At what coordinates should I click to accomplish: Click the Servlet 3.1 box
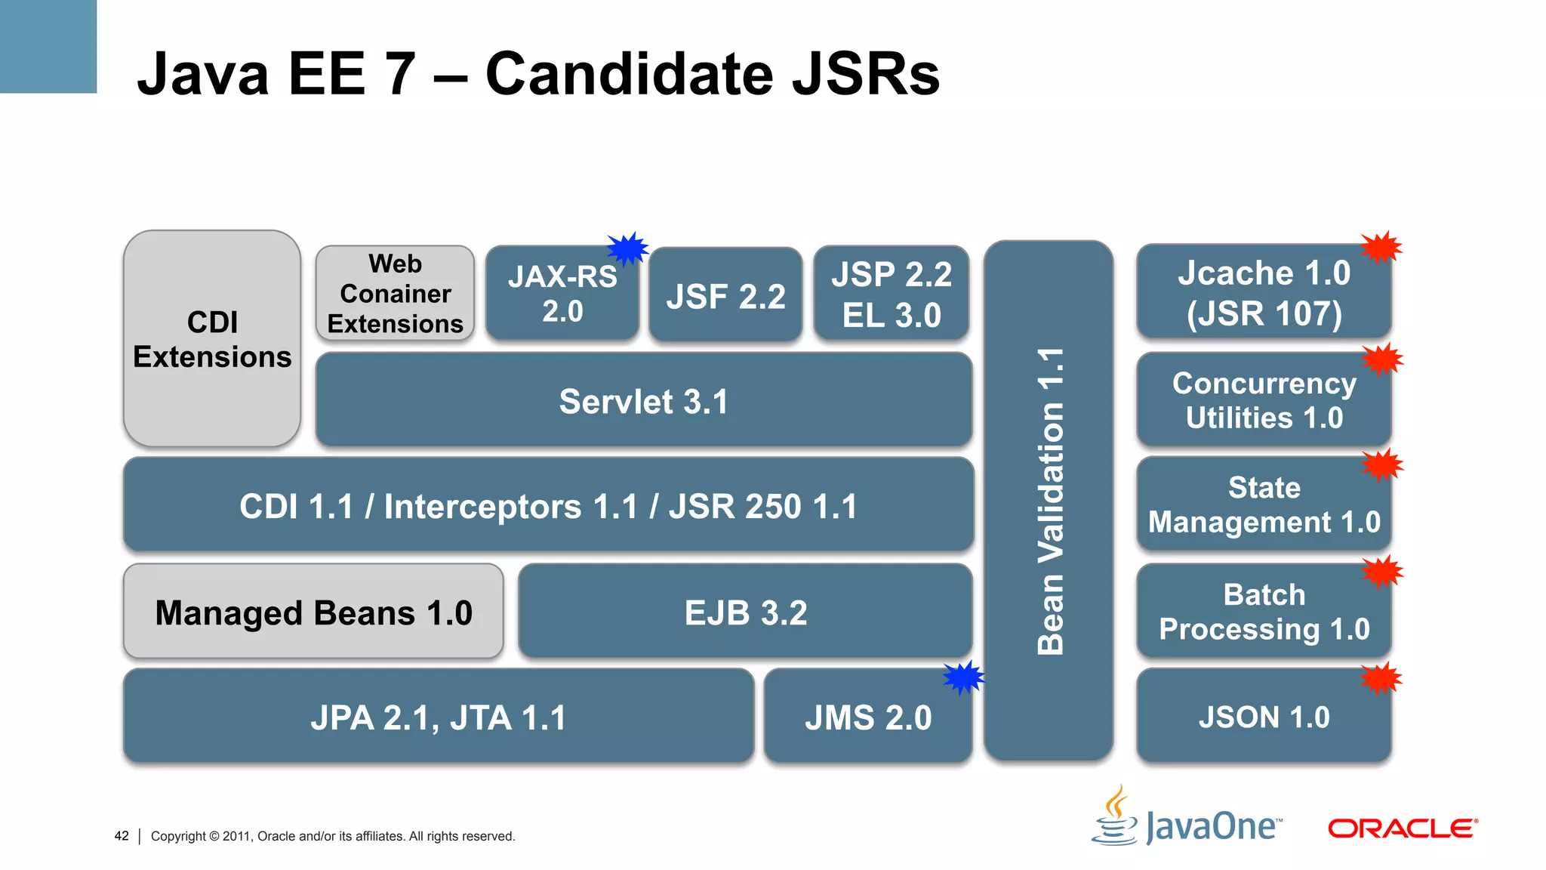643,400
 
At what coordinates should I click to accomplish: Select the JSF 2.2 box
725,295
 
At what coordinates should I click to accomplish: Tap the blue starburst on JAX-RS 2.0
627,248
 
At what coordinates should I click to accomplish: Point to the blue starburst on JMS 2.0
964,677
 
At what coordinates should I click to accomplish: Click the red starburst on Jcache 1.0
1381,248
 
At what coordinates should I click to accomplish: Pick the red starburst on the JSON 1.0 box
1381,679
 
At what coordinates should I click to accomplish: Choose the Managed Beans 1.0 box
313,612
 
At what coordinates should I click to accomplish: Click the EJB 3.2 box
745,612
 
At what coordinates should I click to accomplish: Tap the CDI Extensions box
212,339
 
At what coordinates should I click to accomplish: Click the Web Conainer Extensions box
395,293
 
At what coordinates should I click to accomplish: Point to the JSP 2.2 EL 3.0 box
891,294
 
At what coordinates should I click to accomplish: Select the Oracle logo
1402,828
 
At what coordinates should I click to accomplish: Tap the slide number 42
122,836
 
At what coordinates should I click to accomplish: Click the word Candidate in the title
629,74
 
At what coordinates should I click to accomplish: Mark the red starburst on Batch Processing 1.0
1381,572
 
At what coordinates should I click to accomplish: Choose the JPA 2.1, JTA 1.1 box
438,717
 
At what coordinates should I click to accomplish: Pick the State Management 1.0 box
1263,504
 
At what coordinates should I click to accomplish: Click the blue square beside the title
48,46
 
